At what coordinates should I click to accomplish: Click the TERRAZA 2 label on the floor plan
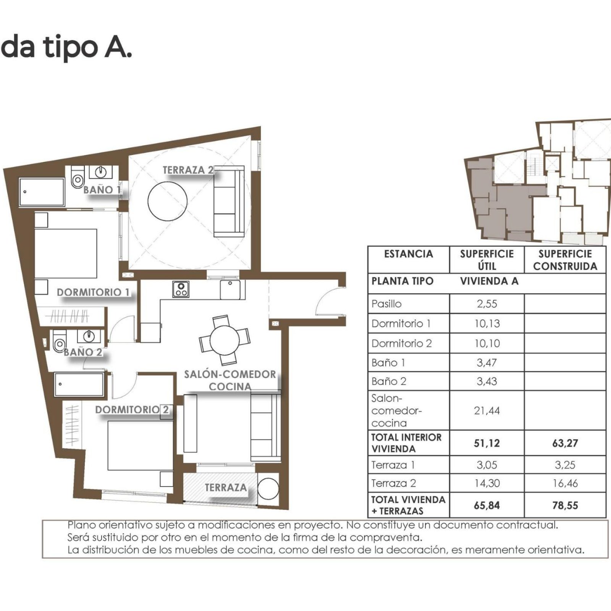[x=188, y=170]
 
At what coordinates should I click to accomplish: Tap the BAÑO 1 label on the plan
[x=102, y=189]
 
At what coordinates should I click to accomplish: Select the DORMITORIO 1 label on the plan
[x=93, y=293]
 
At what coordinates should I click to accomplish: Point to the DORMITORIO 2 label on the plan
[x=132, y=410]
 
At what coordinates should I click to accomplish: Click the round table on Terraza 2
[x=167, y=201]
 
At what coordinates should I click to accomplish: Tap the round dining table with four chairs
[x=225, y=339]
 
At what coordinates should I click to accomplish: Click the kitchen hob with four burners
[x=181, y=289]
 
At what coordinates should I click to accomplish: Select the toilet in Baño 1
[x=78, y=178]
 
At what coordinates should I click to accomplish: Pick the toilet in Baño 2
[x=59, y=343]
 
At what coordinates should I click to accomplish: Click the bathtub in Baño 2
[x=79, y=385]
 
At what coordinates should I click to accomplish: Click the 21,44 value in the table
[x=487, y=411]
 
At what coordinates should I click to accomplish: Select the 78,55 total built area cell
[x=565, y=505]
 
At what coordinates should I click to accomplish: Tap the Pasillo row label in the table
[x=386, y=304]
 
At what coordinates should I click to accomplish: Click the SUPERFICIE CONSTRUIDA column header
[x=565, y=260]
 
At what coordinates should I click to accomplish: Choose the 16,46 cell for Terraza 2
[x=565, y=483]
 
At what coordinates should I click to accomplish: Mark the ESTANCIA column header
[x=408, y=254]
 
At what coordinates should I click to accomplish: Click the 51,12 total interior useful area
[x=487, y=443]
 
